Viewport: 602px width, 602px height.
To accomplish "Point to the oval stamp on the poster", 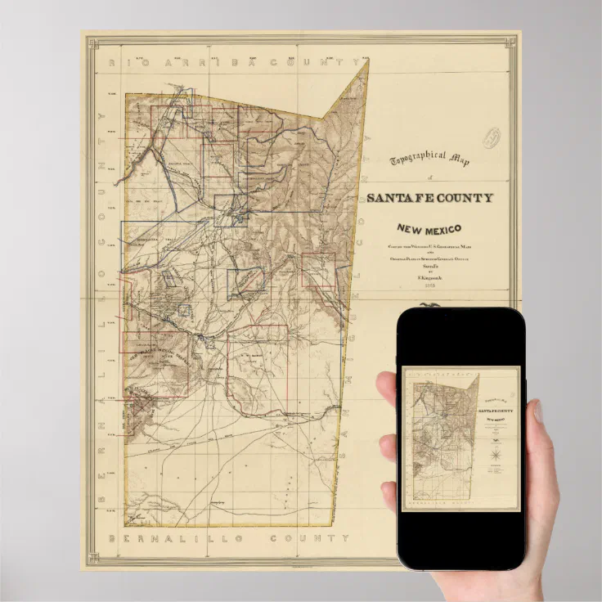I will pyautogui.click(x=490, y=137).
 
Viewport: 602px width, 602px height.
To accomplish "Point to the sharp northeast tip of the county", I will pyautogui.click(x=368, y=60).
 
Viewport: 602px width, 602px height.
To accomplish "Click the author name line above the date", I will pyautogui.click(x=429, y=278).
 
